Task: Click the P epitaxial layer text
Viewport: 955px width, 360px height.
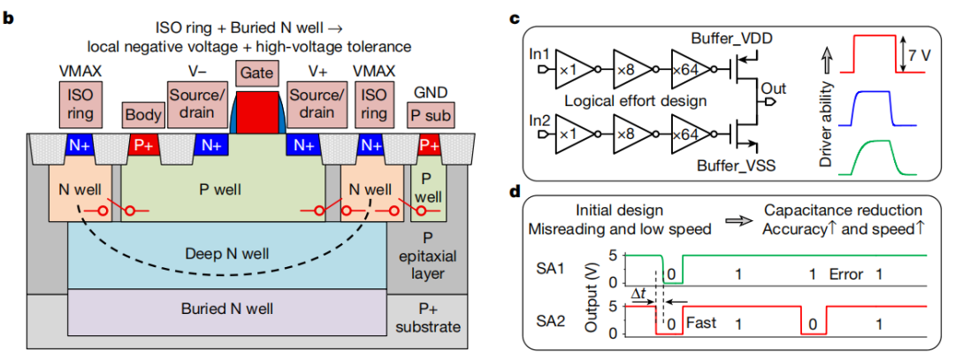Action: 429,257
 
